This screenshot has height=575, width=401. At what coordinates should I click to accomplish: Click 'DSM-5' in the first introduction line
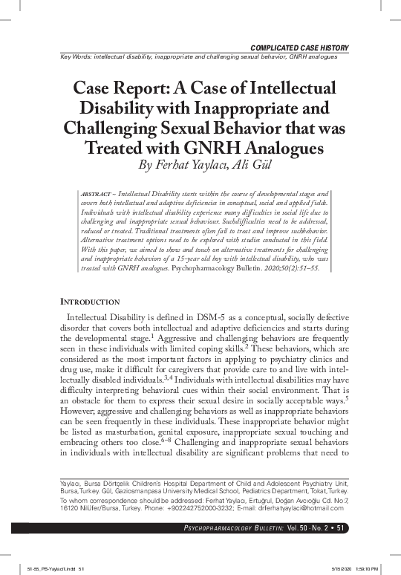click(x=215, y=319)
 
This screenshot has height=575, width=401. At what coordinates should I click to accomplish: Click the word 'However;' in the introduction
click(x=80, y=406)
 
